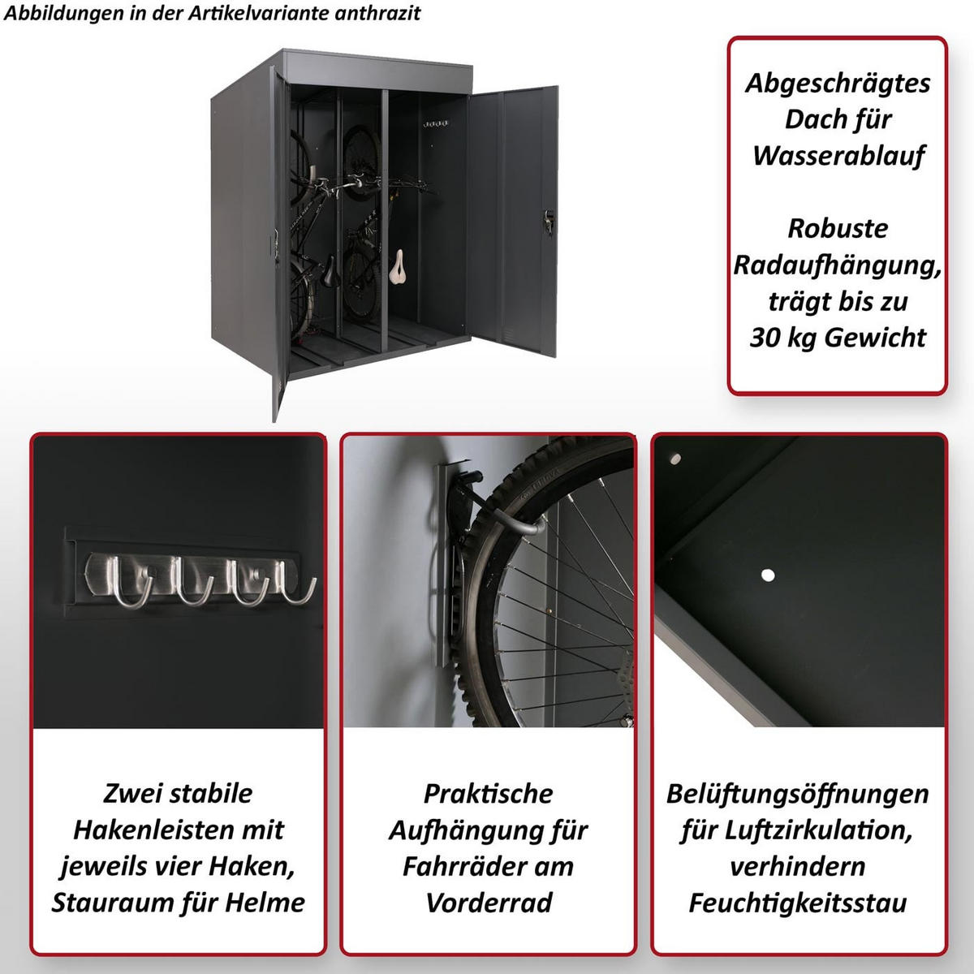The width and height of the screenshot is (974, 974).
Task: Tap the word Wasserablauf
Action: click(x=838, y=155)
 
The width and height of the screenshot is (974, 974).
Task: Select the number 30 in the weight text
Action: click(x=764, y=337)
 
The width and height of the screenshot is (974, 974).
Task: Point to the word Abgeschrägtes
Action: click(x=838, y=83)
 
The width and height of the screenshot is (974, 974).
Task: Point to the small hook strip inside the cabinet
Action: click(x=436, y=124)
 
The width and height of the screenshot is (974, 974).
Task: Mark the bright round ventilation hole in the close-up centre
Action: click(x=767, y=575)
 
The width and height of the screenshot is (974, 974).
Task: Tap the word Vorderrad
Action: click(x=489, y=903)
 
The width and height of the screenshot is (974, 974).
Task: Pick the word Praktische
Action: click(x=489, y=793)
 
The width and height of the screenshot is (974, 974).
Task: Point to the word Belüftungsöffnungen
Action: click(x=798, y=793)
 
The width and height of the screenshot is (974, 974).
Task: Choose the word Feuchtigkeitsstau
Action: click(x=798, y=903)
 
